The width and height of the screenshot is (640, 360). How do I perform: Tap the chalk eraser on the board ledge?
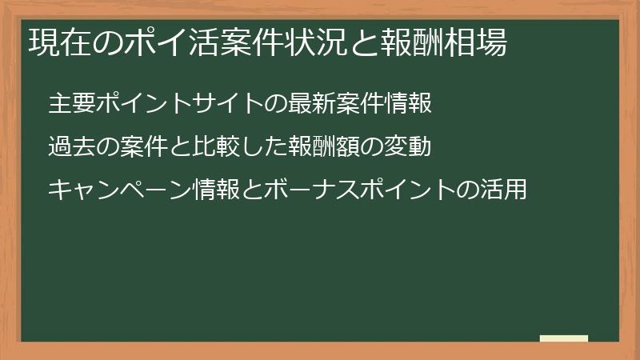564,339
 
